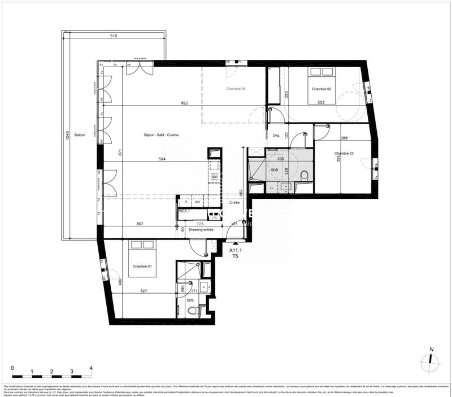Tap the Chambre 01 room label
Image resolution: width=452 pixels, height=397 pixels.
click(x=142, y=267)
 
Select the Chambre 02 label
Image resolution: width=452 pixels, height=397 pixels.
click(x=320, y=89)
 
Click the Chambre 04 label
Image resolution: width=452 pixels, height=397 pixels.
click(x=236, y=89)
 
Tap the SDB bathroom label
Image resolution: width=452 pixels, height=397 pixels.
click(x=274, y=170)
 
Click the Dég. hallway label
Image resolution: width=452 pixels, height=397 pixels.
click(x=276, y=135)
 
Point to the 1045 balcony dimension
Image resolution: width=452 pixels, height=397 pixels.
click(x=67, y=136)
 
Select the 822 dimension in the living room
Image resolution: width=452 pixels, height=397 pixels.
click(x=169, y=103)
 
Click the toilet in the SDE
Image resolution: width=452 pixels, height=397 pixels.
click(x=192, y=311)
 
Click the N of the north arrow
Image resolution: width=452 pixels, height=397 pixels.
click(x=431, y=350)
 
